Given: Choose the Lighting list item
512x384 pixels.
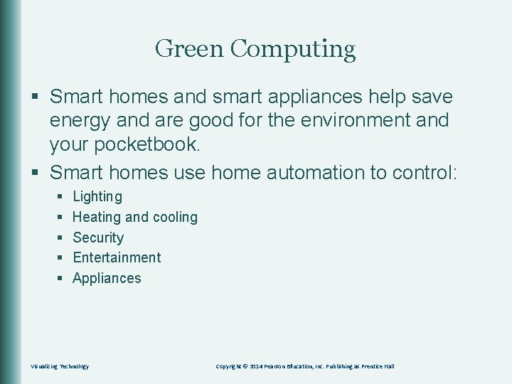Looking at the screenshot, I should pos(97,196).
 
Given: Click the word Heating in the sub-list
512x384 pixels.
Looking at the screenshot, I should pos(97,217).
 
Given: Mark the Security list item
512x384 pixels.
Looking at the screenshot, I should pos(98,238).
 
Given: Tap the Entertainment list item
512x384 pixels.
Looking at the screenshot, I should pos(117,257).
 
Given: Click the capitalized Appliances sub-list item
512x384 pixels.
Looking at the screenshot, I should pos(107,278).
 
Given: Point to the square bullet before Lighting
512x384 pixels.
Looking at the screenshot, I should pos(60,196).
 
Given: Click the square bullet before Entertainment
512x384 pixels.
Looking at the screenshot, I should pos(60,257).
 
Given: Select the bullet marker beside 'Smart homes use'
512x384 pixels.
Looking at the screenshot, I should pos(36,172).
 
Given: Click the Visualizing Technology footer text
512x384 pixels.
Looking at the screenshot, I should pos(59,366).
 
